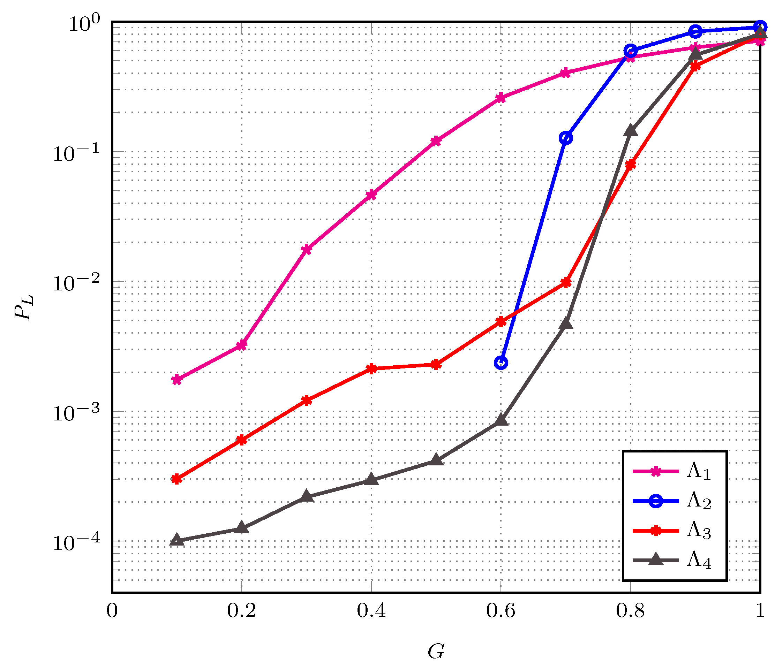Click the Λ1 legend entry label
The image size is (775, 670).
tap(698, 472)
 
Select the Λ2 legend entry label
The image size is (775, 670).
tap(698, 501)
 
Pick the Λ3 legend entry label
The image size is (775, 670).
tap(698, 531)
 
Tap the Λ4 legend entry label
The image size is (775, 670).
tap(698, 561)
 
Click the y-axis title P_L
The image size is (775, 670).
tap(24, 307)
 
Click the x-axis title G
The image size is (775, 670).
tap(436, 651)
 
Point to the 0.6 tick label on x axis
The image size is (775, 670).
tap(501, 611)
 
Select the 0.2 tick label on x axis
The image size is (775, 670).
tap(242, 611)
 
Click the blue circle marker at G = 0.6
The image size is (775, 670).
tap(501, 363)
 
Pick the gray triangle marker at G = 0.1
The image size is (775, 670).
tap(177, 540)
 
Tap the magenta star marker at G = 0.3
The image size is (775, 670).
tap(307, 249)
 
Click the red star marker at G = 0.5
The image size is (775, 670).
tap(436, 365)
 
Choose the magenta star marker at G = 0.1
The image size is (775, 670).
tap(177, 380)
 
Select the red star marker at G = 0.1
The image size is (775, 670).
tap(177, 479)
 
